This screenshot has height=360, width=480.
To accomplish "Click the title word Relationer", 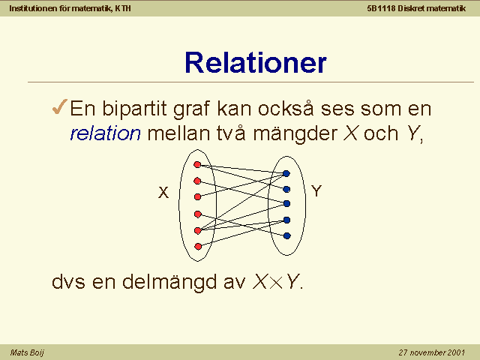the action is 256,63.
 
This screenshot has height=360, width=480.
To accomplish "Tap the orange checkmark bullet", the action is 59,106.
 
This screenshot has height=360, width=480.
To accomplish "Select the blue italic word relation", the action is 105,133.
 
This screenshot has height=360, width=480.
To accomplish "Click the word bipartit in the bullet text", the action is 135,109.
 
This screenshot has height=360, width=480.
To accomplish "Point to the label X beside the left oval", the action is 163,193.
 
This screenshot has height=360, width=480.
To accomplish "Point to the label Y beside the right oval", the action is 316,191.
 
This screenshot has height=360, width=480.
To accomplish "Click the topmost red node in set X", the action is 197,165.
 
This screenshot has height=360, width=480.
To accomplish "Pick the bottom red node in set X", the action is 198,247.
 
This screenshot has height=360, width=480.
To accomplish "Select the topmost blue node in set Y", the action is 286,173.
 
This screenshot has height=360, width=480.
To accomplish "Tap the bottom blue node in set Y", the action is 286,235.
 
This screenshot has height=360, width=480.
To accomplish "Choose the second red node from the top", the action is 197,181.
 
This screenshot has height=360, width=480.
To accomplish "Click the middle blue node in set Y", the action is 286,203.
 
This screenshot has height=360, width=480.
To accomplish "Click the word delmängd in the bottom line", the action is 169,282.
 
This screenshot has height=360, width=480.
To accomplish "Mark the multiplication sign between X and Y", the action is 277,283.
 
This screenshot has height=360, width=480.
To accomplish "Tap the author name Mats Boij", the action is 27,352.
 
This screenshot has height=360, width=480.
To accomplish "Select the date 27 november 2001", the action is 432,352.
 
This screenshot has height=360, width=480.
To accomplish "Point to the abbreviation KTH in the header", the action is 123,8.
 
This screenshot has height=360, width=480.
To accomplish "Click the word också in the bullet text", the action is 286,108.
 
